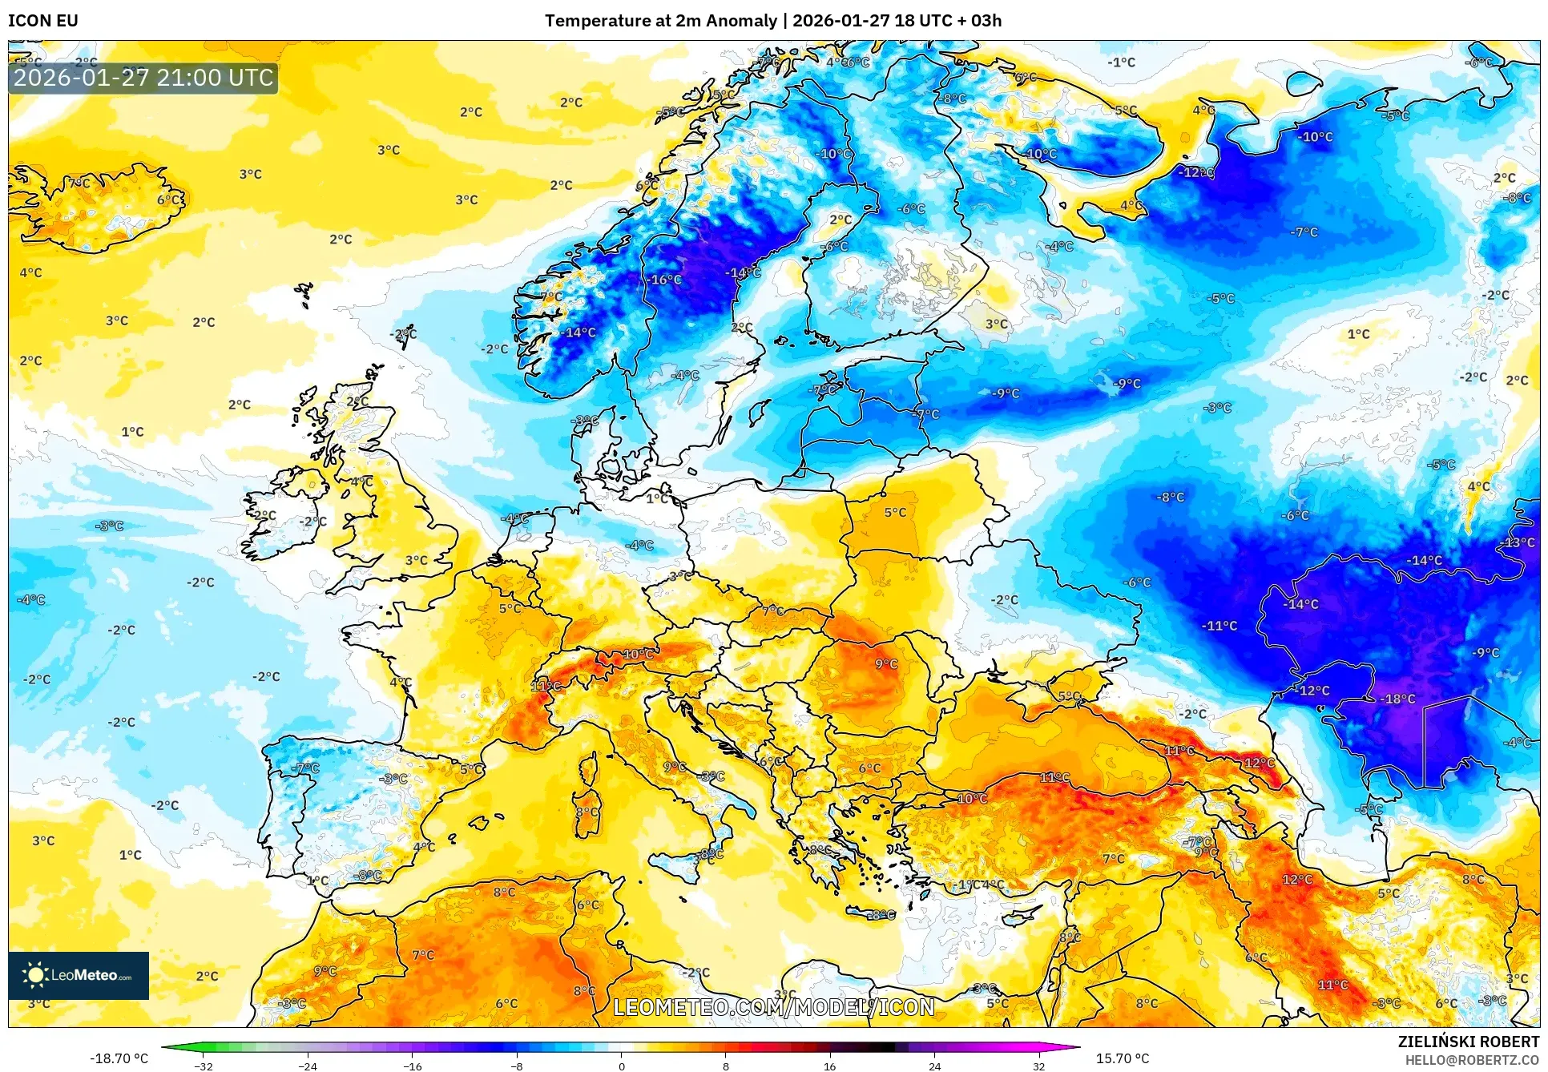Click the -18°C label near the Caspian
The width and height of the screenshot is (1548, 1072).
tap(1398, 699)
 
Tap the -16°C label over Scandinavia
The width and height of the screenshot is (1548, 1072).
tap(665, 280)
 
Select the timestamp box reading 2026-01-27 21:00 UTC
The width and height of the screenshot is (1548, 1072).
tap(143, 78)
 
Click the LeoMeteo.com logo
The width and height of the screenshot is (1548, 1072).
tap(79, 975)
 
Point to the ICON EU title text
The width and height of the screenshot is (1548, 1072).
tap(43, 21)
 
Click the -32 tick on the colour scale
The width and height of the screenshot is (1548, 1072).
tap(204, 1066)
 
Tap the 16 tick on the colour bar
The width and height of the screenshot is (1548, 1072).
tap(829, 1066)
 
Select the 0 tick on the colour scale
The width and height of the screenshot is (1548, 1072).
tap(621, 1066)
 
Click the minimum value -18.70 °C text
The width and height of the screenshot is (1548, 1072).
tap(119, 1058)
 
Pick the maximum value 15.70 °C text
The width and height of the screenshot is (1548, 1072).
tap(1122, 1058)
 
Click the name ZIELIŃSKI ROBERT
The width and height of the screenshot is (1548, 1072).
tap(1468, 1042)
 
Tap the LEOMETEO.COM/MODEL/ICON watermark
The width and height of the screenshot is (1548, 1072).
tap(773, 1007)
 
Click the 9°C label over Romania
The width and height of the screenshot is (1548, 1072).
tap(886, 664)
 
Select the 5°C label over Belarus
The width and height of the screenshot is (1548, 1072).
tap(895, 512)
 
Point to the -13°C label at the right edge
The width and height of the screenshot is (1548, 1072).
tap(1518, 542)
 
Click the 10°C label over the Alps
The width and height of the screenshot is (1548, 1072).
tap(638, 654)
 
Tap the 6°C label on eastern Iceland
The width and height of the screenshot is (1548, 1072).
tap(168, 199)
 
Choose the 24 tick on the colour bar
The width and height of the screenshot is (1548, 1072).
tap(934, 1066)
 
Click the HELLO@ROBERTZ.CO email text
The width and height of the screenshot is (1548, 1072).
tap(1472, 1060)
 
